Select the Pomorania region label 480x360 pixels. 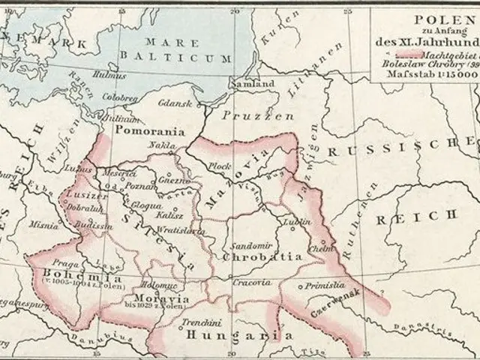[149, 130]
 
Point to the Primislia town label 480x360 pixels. [324, 286]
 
